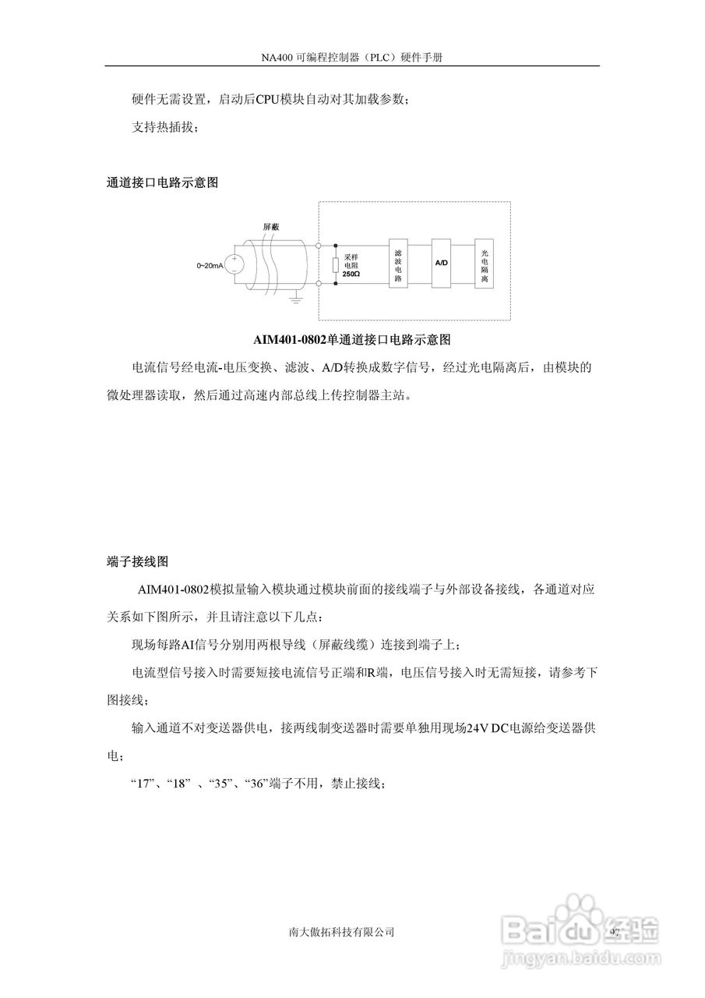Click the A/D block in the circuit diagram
(441, 264)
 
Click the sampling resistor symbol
(335, 265)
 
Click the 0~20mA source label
(210, 266)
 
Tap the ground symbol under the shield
(295, 295)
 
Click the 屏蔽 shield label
(270, 225)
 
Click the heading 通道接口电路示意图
(161, 184)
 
